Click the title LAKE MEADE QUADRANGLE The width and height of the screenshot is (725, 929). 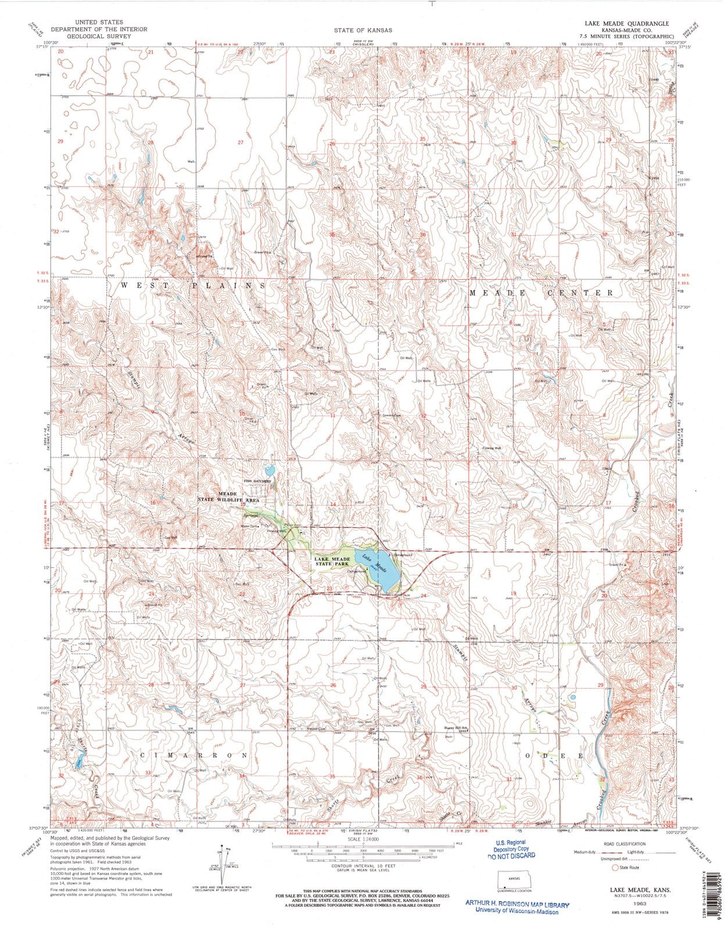[x=627, y=23]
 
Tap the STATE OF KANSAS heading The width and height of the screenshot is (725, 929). [x=362, y=30]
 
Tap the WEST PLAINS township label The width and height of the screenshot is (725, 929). [x=193, y=286]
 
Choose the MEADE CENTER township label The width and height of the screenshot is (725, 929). [x=541, y=293]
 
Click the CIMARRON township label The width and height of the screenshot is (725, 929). [x=193, y=755]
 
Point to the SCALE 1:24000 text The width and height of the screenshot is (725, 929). [x=362, y=840]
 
